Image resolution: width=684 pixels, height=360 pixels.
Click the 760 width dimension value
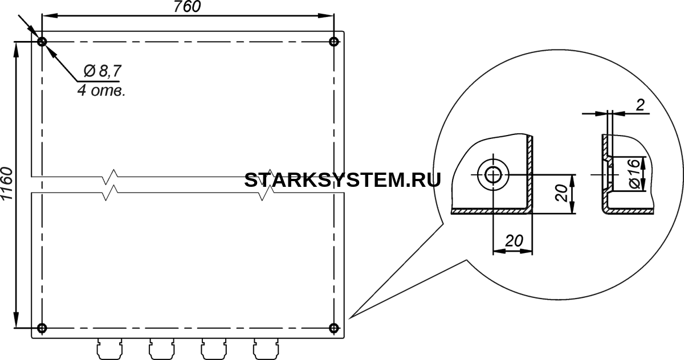click(x=187, y=7)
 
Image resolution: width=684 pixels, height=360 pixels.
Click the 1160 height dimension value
click(x=7, y=183)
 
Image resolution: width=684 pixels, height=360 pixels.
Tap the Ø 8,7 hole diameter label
click(x=103, y=71)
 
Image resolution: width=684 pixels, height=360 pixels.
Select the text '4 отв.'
click(x=101, y=91)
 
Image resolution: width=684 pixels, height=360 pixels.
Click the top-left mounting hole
click(x=42, y=42)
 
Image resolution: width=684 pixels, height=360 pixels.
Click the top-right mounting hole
click(x=334, y=42)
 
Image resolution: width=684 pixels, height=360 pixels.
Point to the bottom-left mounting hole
click(x=42, y=328)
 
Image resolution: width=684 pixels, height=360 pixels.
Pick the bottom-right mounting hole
click(x=334, y=328)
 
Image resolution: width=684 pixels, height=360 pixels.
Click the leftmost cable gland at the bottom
click(x=109, y=349)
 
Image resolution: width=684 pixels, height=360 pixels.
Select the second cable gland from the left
click(x=162, y=349)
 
